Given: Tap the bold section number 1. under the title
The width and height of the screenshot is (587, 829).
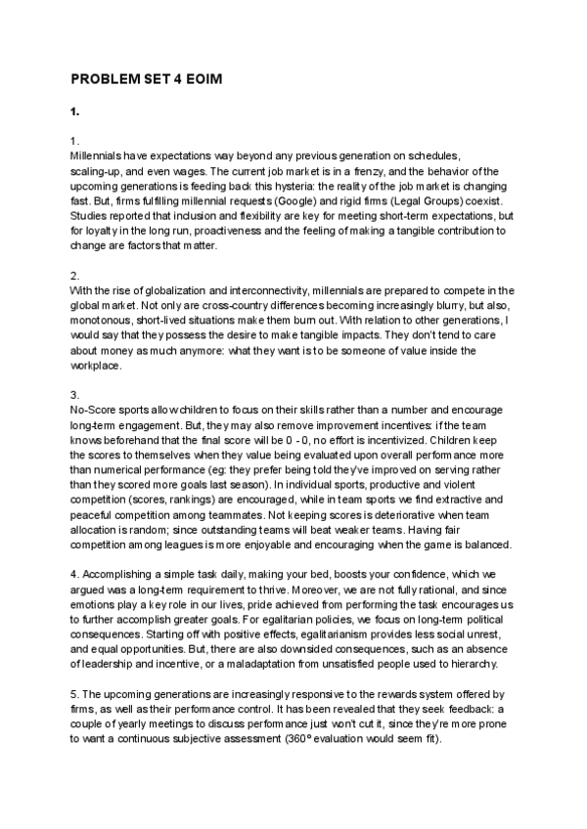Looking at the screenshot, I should pyautogui.click(x=75, y=111).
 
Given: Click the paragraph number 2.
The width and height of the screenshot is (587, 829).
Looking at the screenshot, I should pyautogui.click(x=75, y=276).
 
